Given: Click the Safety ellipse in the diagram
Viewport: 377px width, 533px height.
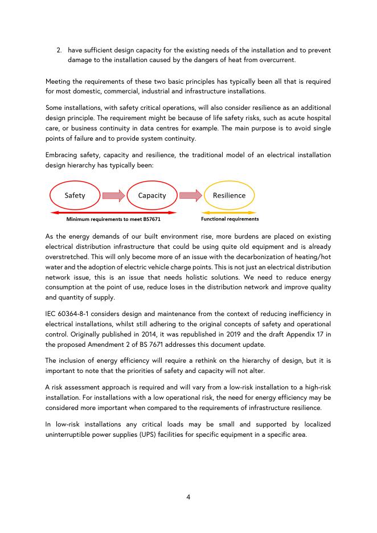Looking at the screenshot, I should click(x=75, y=195).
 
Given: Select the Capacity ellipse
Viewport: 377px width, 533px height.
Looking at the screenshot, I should click(x=152, y=195).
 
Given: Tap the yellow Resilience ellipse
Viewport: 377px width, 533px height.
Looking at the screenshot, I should click(x=229, y=195).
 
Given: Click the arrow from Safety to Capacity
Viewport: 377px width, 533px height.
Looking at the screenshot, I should click(x=113, y=196).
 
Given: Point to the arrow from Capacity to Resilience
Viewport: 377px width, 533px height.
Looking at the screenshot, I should click(x=190, y=196).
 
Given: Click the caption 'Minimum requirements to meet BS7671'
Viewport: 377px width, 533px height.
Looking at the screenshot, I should click(x=113, y=219).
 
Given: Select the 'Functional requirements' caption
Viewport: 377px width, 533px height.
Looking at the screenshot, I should click(x=230, y=219).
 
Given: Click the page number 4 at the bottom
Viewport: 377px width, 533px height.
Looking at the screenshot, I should click(x=188, y=497).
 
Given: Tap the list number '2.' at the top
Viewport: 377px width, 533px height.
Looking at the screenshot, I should click(x=59, y=50).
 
